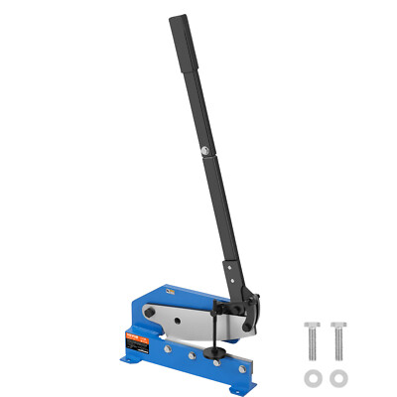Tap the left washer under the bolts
click(313, 376)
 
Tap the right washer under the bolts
click(338, 376)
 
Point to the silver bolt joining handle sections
click(202, 150)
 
